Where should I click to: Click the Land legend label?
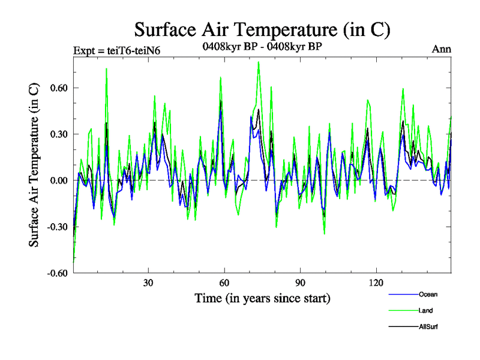[425, 311]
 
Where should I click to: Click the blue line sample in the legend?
[403, 295]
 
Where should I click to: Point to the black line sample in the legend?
[403, 326]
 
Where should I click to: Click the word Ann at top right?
[442, 49]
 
